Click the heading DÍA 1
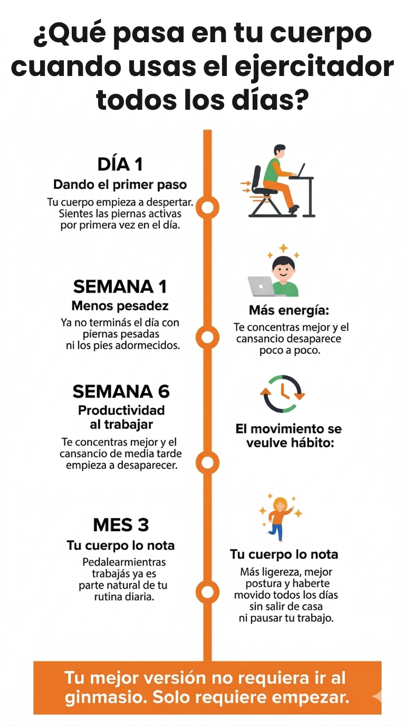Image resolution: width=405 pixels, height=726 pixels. (x=120, y=164)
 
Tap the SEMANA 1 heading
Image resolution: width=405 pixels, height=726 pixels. (x=120, y=286)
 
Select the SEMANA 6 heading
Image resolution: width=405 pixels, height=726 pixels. (x=121, y=391)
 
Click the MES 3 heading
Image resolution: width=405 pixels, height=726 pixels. (x=121, y=525)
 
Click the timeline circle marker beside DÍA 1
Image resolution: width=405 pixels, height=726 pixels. (x=207, y=207)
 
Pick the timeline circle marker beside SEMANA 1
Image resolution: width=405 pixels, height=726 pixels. (x=207, y=337)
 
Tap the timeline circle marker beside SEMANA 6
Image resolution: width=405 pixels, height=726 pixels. (x=207, y=463)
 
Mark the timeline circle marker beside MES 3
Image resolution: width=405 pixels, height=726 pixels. (x=207, y=593)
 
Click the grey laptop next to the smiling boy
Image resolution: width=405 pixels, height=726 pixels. (x=262, y=286)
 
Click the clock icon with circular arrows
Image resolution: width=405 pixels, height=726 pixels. (x=283, y=394)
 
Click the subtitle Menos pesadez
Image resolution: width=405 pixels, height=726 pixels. (x=120, y=305)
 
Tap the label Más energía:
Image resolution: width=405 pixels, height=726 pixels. (x=289, y=310)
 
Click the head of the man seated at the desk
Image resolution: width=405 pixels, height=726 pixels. (x=279, y=151)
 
